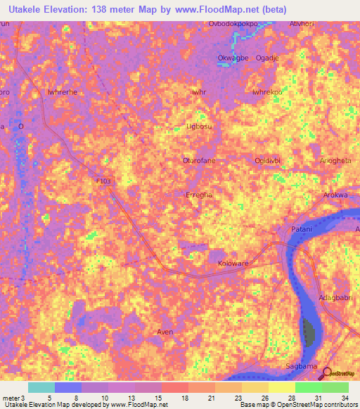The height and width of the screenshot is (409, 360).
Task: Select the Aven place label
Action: (x=165, y=332)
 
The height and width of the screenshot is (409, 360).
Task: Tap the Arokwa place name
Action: (x=335, y=195)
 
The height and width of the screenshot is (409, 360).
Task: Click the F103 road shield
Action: (x=104, y=181)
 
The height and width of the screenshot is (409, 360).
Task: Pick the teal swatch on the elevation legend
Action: (x=41, y=387)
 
